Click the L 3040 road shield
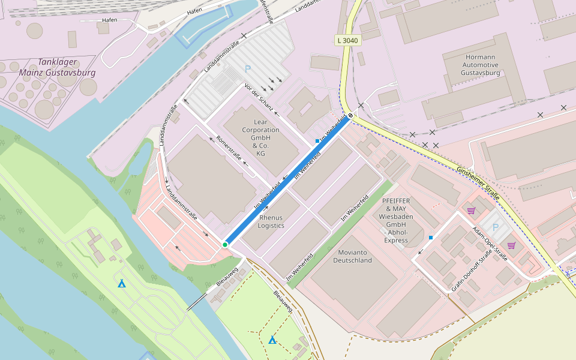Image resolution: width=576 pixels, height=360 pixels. click(347, 40)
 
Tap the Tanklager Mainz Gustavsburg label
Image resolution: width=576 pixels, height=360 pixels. click(58, 67)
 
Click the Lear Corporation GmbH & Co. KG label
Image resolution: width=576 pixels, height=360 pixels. click(260, 137)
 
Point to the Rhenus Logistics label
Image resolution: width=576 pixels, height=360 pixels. click(271, 221)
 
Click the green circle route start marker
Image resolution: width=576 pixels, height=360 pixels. click(225, 245)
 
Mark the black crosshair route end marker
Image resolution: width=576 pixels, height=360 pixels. click(350, 116)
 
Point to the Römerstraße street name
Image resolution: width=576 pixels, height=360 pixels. click(229, 149)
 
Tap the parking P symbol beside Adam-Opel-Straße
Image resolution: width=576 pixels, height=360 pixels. click(495, 227)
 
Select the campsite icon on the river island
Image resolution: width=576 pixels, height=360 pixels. click(122, 283)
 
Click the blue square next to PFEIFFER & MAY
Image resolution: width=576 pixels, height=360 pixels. click(431, 238)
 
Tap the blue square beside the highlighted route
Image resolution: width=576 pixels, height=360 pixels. click(317, 141)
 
